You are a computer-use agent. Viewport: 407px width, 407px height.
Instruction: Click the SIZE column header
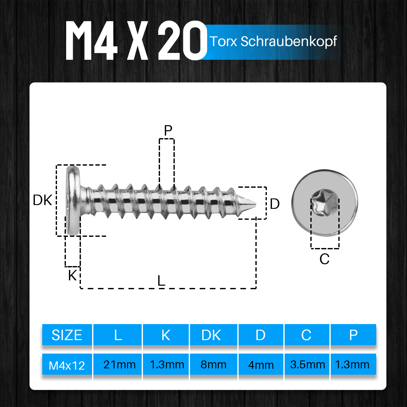(x=67, y=335)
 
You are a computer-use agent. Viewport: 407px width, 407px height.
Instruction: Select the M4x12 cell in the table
(x=67, y=365)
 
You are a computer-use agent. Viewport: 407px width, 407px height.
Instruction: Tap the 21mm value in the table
(x=119, y=365)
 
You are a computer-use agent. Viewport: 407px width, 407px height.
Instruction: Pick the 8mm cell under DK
(x=213, y=365)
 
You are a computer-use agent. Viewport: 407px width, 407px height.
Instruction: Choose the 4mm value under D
(x=261, y=365)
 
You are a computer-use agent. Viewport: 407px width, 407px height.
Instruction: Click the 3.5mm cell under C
(x=308, y=365)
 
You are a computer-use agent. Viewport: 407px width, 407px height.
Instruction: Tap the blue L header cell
(x=118, y=335)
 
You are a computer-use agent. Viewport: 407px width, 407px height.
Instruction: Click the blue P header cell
(x=353, y=335)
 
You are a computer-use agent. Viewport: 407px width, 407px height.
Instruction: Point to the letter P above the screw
(x=168, y=130)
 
